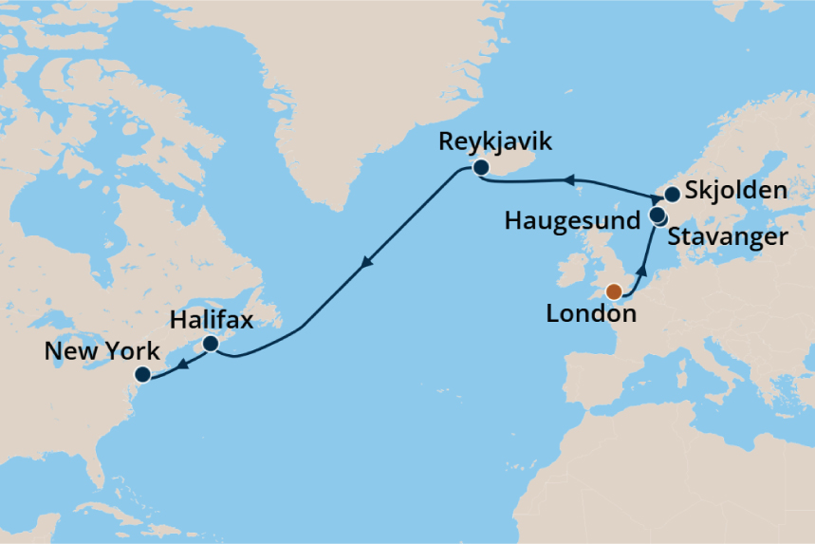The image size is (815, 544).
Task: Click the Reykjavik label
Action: click(x=494, y=143)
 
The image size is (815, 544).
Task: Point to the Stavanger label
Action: click(x=728, y=236)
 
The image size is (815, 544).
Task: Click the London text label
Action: click(x=591, y=313)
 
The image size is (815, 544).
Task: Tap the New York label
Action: click(x=102, y=352)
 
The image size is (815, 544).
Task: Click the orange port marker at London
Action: click(x=614, y=291)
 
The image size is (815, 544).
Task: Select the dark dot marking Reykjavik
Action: click(x=481, y=168)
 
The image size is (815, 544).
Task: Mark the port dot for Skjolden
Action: click(x=672, y=195)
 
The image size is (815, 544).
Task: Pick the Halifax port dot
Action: click(x=212, y=343)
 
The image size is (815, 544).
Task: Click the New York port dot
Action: click(x=142, y=374)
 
